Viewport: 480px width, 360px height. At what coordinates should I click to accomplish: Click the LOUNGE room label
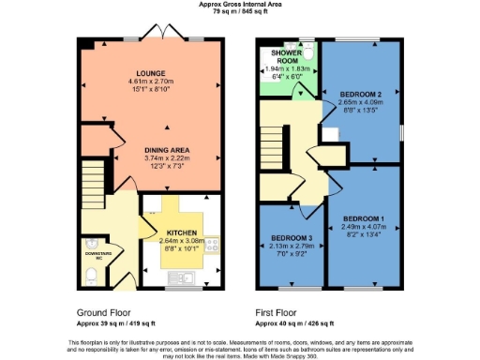click(x=150, y=72)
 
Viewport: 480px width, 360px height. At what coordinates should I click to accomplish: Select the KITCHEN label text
click(x=181, y=232)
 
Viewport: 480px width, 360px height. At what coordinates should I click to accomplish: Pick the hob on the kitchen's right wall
click(x=213, y=245)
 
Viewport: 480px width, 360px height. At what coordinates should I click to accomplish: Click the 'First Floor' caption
click(x=277, y=310)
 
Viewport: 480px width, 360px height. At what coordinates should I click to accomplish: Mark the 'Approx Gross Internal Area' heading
click(x=239, y=4)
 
